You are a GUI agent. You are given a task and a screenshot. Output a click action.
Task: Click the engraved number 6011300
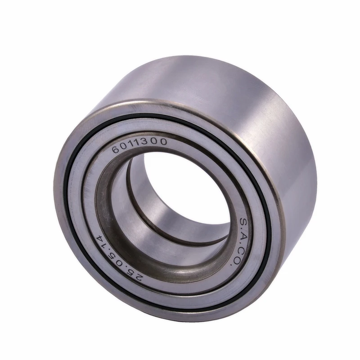pos(139,145)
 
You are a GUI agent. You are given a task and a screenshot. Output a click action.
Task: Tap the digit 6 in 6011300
pos(116,149)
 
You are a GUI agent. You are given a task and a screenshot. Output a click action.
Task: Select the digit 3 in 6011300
pos(147,141)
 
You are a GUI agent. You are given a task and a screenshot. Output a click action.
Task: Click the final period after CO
pos(231,265)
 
